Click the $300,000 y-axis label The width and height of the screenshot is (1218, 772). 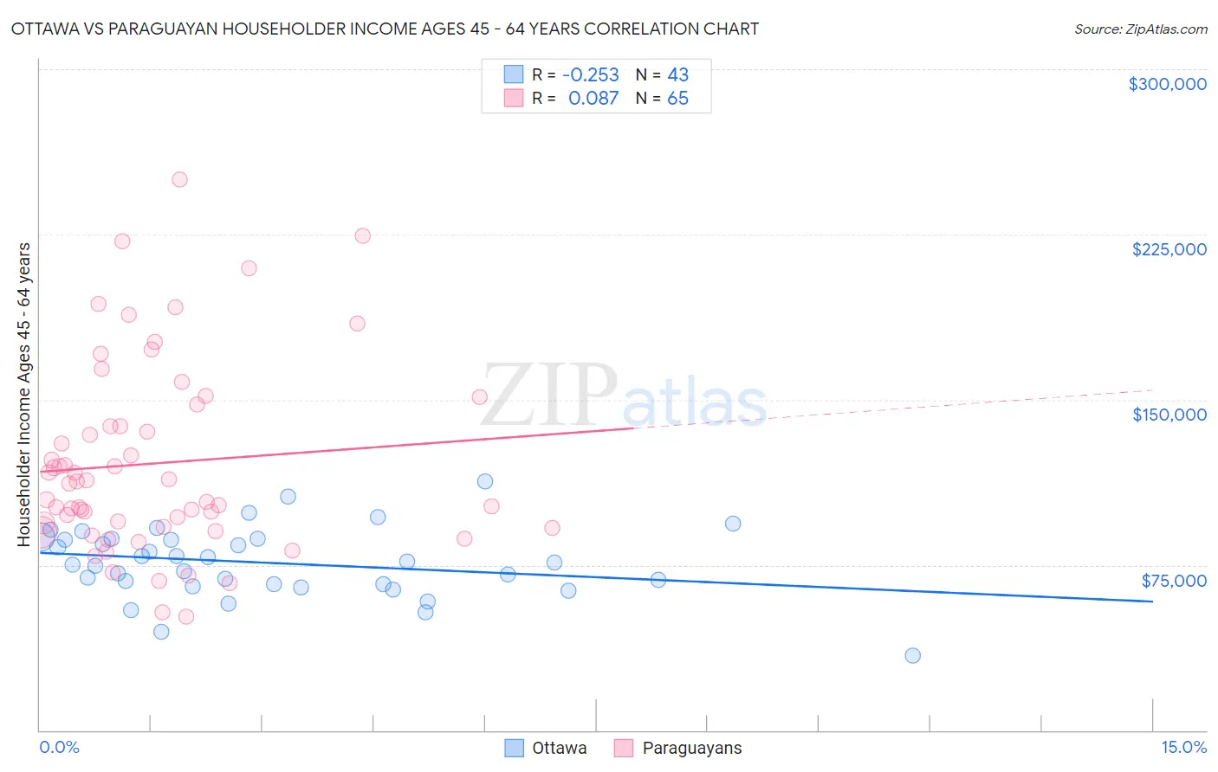pos(1167,84)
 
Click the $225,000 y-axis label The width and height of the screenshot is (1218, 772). pos(1169,249)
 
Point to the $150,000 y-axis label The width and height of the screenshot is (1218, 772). pos(1169,415)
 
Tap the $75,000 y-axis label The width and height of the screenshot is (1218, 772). pos(1173,581)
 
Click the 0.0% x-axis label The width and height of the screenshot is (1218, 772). pos(59,747)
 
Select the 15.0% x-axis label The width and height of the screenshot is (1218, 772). pos(1183,747)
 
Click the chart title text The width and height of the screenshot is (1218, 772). pos(385,29)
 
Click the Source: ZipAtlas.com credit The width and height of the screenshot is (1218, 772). pos(1140,29)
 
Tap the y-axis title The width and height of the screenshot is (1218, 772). pos(23,395)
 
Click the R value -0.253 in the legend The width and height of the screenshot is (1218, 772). pos(591,74)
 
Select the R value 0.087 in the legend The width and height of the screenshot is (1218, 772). pos(593,99)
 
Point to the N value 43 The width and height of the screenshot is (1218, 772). pos(677,74)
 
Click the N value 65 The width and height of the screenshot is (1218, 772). pos(677,99)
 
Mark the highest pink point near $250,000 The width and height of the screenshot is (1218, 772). pos(179,180)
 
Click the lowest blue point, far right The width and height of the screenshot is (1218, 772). pos(912,655)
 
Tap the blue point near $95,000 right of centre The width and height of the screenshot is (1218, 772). pos(733,524)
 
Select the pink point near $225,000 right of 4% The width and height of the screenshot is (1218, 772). pos(363,236)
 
